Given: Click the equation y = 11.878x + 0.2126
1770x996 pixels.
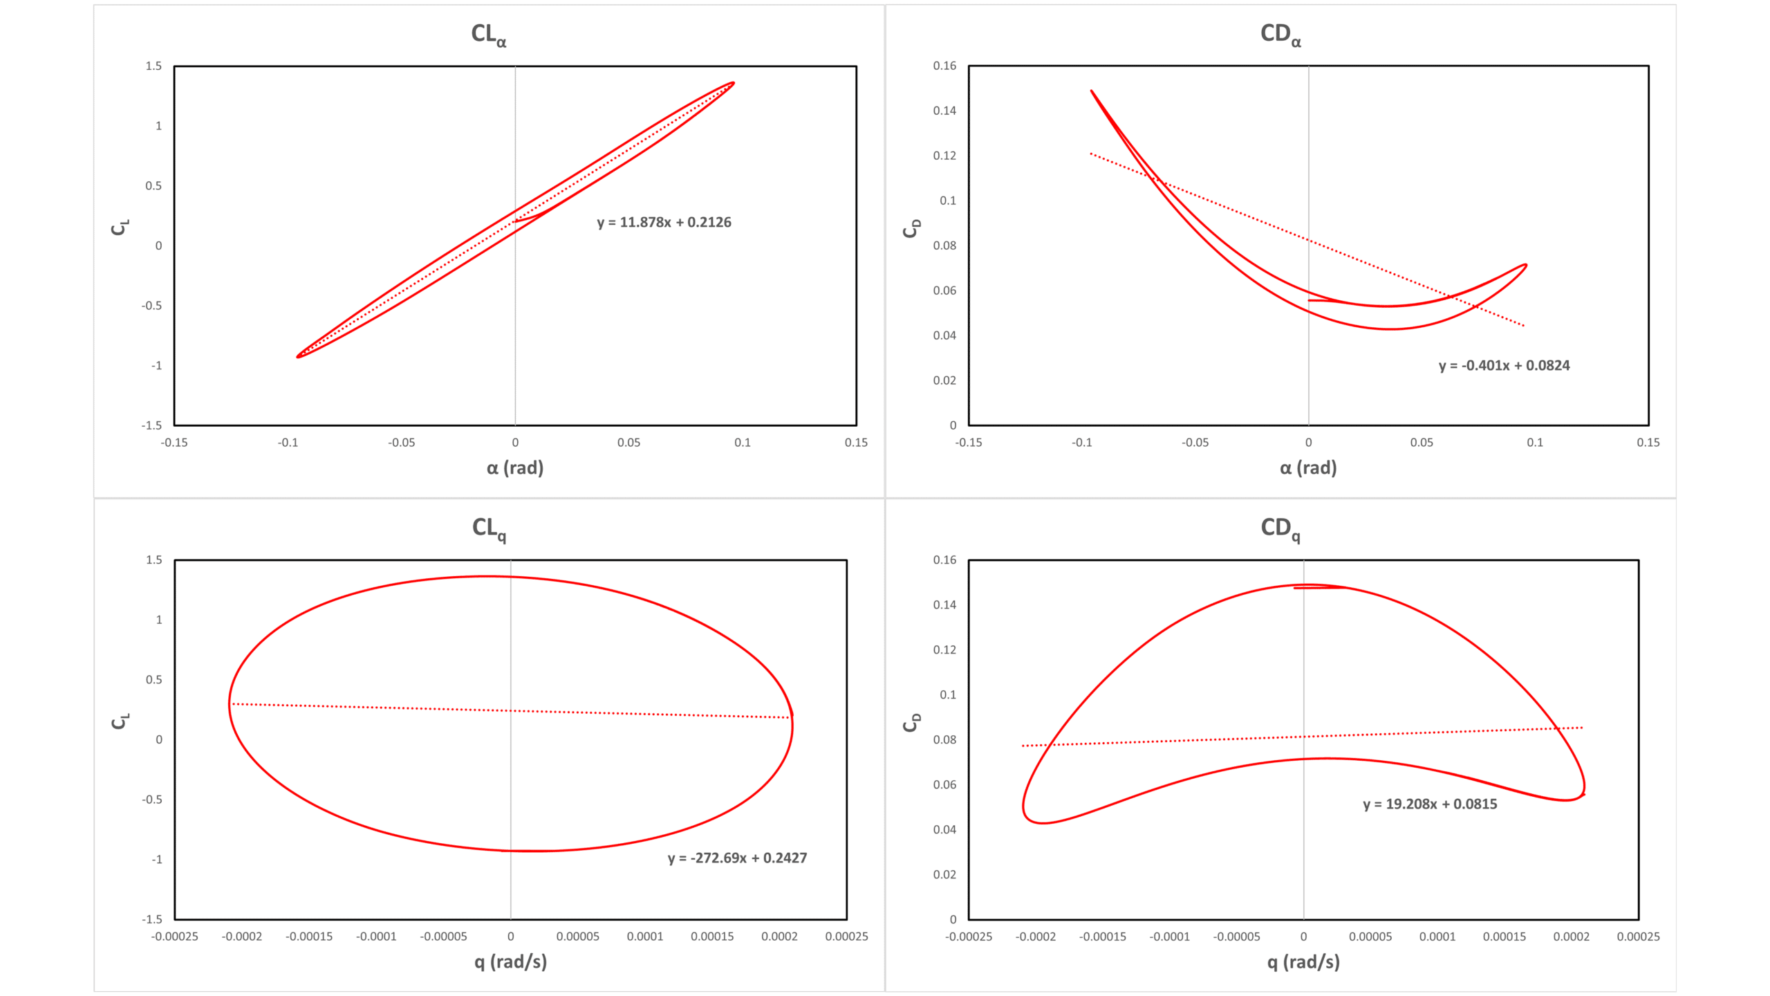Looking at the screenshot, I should click(x=664, y=222).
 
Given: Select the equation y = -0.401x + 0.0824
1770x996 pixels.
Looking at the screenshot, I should click(x=1504, y=365).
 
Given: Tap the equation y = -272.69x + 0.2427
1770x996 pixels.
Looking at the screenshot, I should click(x=737, y=858).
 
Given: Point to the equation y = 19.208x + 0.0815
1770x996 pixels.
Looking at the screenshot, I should click(x=1430, y=804).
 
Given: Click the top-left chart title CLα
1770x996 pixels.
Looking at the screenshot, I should click(x=489, y=34).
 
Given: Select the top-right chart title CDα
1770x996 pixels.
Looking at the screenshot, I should click(x=1280, y=34).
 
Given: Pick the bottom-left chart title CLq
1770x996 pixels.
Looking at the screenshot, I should click(x=489, y=528).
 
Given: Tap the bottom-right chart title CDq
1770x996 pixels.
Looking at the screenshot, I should click(x=1280, y=528).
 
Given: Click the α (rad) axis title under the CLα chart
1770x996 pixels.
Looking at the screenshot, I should click(x=515, y=468).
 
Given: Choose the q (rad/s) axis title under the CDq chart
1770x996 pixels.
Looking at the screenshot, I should click(x=1303, y=962).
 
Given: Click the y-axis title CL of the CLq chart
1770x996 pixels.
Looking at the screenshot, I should click(x=120, y=721).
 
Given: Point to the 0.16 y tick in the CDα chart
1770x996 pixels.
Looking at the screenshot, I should click(x=944, y=66).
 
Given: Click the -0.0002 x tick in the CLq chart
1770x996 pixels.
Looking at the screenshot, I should click(x=242, y=937).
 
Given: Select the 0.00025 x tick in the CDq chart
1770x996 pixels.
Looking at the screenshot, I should click(x=1638, y=937).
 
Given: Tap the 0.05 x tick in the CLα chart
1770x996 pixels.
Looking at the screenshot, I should click(x=628, y=443).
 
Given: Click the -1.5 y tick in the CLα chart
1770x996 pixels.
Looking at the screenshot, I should click(x=152, y=425).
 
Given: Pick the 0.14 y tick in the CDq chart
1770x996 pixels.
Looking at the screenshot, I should click(x=944, y=605).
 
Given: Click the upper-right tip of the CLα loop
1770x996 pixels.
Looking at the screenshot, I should click(x=733, y=83).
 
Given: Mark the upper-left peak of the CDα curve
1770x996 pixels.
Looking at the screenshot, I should click(x=1092, y=91).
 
